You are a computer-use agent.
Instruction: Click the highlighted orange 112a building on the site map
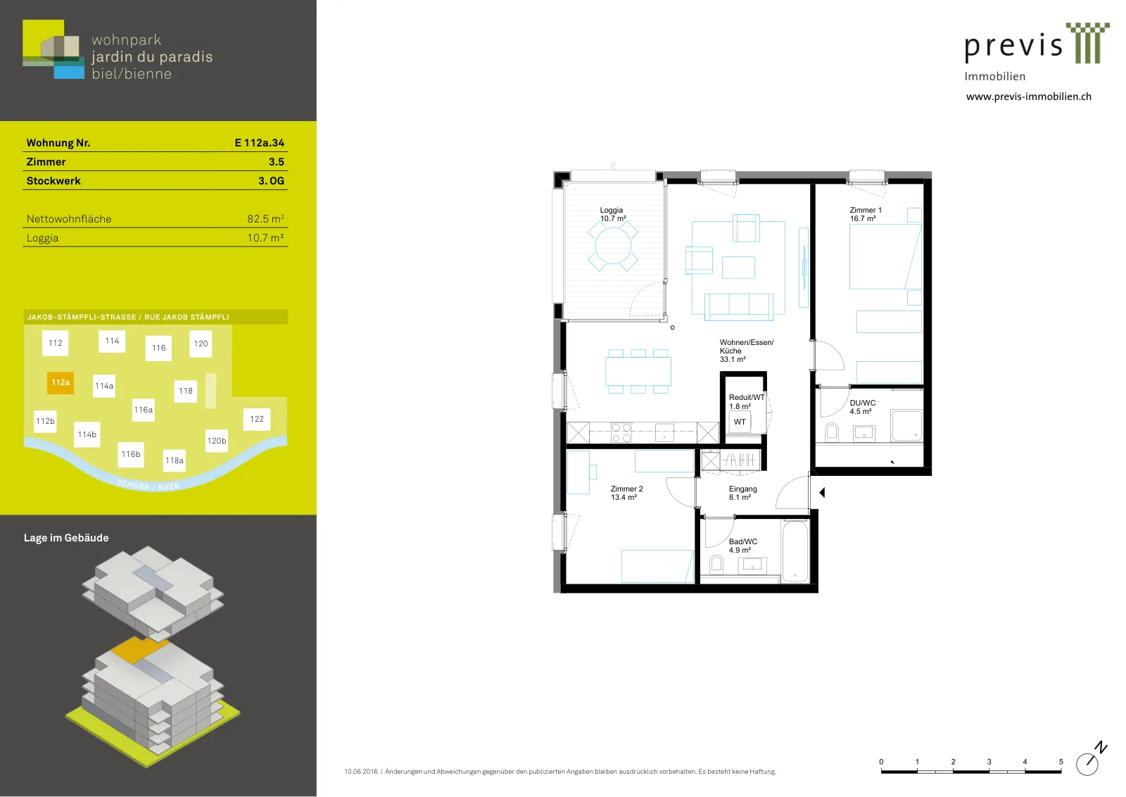(x=61, y=383)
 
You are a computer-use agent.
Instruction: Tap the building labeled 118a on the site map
(x=175, y=460)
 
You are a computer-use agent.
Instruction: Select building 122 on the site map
(x=257, y=419)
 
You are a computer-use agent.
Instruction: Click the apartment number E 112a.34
(x=260, y=143)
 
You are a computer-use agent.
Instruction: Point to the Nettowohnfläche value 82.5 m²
(x=265, y=219)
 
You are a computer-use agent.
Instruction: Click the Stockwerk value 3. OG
(x=271, y=181)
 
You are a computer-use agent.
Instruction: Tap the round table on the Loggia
(x=613, y=246)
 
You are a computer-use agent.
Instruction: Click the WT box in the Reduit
(x=740, y=422)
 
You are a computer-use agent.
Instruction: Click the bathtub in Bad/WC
(x=795, y=551)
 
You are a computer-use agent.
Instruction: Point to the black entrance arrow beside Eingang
(x=823, y=493)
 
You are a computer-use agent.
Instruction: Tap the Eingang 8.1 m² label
(x=742, y=493)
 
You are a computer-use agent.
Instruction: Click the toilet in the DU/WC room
(x=832, y=432)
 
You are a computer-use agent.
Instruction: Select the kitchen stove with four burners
(x=621, y=432)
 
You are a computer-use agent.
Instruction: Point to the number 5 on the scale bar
(x=1061, y=762)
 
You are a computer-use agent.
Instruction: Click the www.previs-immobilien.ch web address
(x=1028, y=96)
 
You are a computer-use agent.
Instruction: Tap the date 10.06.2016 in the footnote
(x=361, y=772)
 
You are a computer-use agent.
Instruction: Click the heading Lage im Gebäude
(x=66, y=538)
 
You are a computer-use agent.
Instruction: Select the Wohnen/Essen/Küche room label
(x=747, y=351)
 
